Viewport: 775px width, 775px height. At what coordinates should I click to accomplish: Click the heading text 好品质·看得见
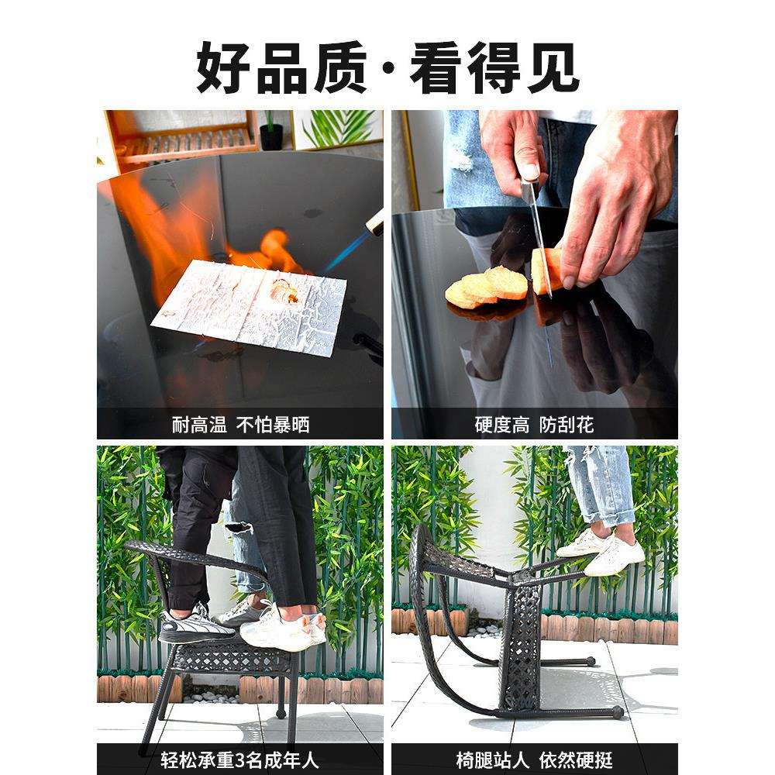point(387,68)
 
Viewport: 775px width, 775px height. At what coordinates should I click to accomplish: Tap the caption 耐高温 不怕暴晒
point(240,425)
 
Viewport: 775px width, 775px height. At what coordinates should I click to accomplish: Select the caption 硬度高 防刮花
point(534,425)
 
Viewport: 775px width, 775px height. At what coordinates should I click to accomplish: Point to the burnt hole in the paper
point(281,293)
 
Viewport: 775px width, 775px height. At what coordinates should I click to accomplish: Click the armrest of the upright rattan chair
point(194,556)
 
